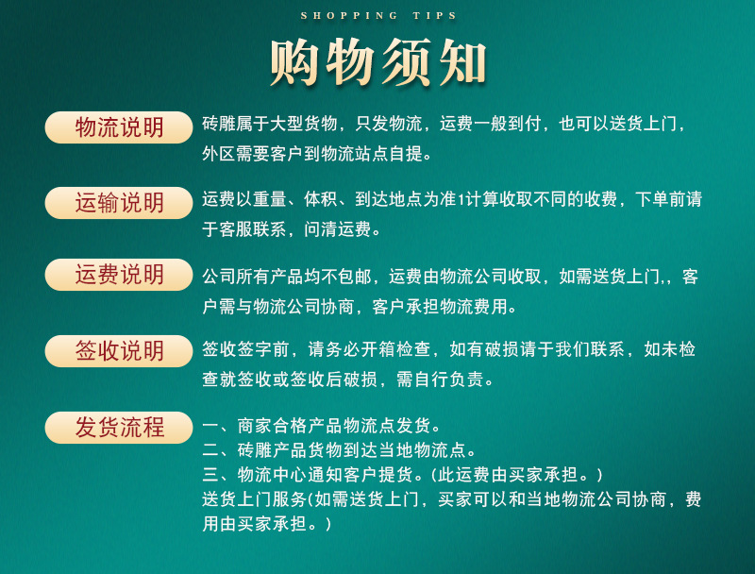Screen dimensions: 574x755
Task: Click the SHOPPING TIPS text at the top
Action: (x=378, y=16)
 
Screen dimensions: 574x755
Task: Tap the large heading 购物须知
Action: (x=378, y=62)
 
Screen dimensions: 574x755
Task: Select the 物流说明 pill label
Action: (x=119, y=127)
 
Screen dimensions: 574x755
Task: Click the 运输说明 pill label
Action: (x=119, y=202)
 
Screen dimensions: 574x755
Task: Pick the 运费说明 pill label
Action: (x=119, y=275)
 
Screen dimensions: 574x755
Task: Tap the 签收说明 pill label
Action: (x=119, y=351)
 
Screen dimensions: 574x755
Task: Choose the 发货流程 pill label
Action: (x=119, y=427)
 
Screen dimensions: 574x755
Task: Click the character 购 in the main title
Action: (x=296, y=62)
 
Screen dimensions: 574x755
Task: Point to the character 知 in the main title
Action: (x=461, y=62)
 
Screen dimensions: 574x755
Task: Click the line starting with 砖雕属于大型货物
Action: (x=444, y=125)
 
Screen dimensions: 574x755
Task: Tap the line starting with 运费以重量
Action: (x=451, y=199)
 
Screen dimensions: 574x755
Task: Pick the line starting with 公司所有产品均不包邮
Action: (x=450, y=277)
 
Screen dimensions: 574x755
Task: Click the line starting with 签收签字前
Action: (x=449, y=350)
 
